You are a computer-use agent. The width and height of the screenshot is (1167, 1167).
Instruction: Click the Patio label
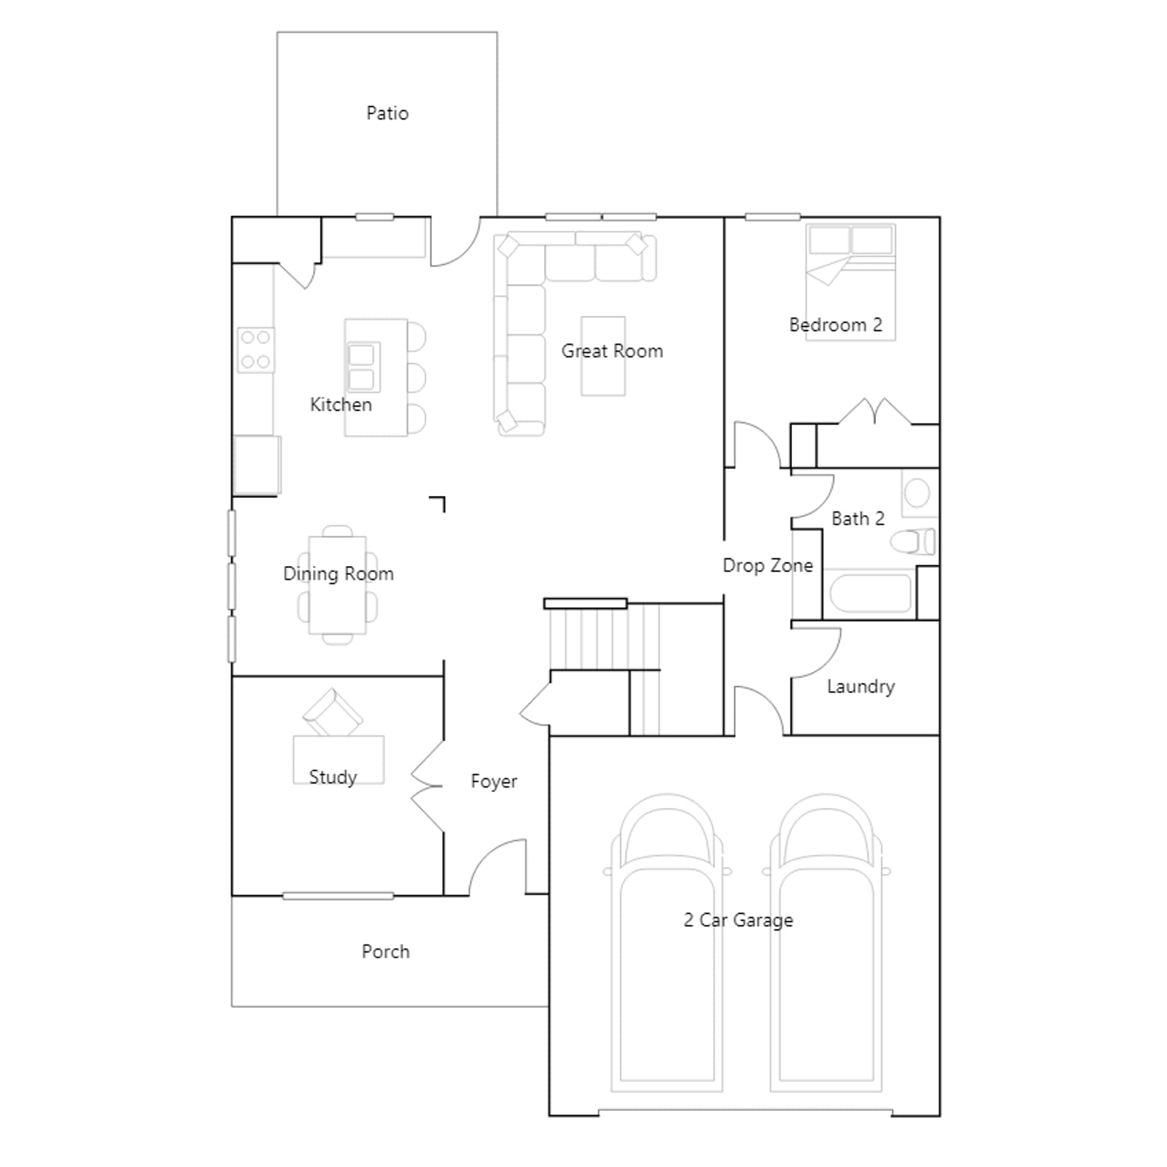click(387, 113)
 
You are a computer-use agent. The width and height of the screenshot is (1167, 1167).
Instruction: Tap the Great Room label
click(612, 351)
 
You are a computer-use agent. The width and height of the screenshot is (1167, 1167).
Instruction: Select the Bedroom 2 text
click(836, 325)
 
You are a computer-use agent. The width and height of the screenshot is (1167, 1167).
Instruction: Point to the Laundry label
click(861, 686)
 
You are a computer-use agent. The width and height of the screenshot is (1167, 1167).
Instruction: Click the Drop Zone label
click(768, 565)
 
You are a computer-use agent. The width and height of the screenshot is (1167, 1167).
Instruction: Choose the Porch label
click(386, 951)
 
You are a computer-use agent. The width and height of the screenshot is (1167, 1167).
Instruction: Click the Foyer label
click(494, 781)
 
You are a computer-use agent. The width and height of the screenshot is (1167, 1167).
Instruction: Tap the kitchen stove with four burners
click(256, 349)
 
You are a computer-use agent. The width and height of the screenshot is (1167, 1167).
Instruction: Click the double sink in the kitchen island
click(362, 367)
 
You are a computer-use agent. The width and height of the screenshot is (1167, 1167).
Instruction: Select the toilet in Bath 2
click(913, 541)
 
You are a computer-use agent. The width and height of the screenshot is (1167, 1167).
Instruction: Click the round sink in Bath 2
click(917, 493)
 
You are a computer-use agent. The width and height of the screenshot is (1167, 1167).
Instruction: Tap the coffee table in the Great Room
click(603, 356)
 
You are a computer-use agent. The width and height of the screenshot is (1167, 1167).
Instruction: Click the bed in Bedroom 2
click(850, 282)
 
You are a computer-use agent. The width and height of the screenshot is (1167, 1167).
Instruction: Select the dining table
click(338, 585)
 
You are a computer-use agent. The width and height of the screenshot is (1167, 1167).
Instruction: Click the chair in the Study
click(333, 712)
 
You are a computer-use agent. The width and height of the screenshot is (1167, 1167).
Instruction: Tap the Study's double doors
click(427, 786)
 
